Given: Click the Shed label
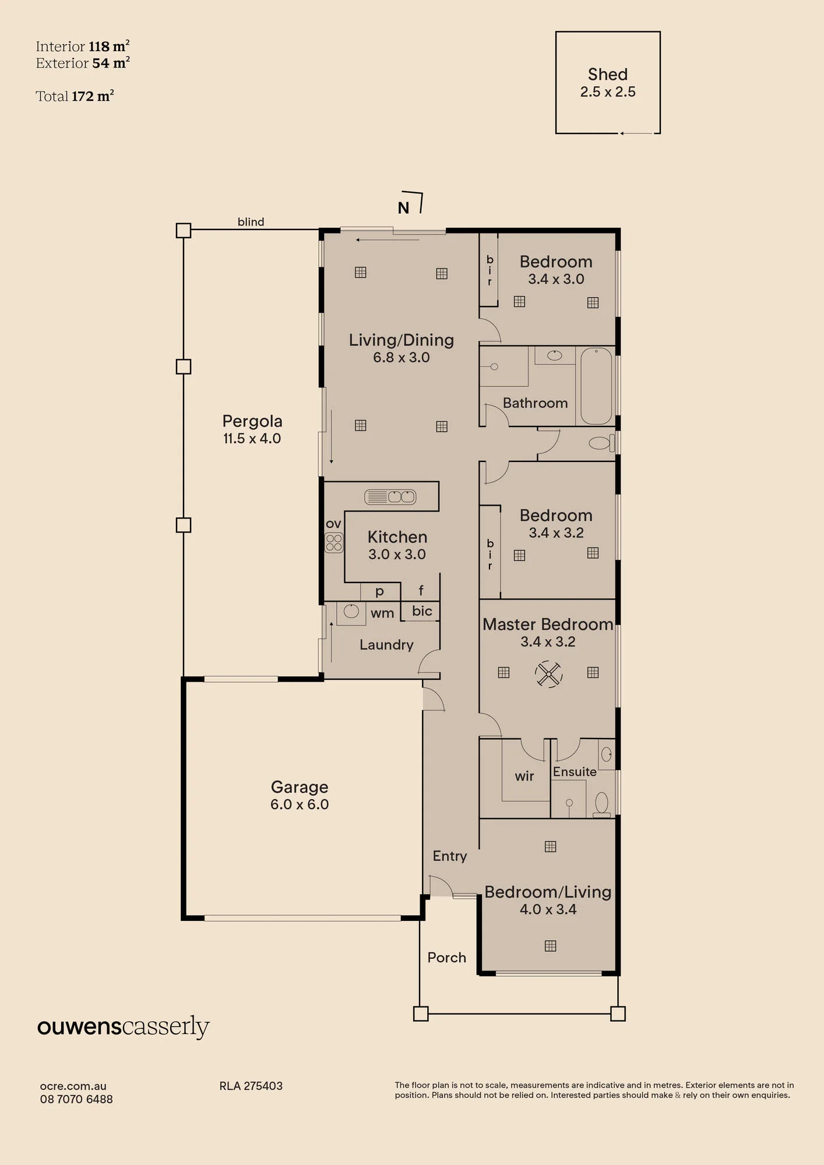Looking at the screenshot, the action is (607, 75).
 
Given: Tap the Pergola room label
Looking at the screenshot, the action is (252, 421).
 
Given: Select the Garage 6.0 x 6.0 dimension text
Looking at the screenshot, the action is (300, 804).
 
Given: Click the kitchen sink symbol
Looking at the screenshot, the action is (390, 497).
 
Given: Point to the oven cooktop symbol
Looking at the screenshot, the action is (334, 543).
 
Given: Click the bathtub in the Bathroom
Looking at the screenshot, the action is (596, 386).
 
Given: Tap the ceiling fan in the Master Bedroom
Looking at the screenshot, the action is (548, 674).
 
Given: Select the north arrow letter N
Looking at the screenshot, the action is (403, 208).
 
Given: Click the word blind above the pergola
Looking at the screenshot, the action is (251, 222).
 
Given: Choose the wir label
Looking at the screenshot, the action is (524, 776).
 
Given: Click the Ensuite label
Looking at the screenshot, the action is (575, 772).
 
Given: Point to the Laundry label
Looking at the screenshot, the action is (386, 645).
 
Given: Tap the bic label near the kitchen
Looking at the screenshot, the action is (422, 611).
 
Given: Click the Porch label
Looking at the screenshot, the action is (447, 958).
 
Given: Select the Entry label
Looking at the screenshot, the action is (450, 856).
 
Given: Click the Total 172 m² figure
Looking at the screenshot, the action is (75, 96).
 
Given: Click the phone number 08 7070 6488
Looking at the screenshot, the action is (76, 1099).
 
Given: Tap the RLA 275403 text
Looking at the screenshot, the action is (251, 1086).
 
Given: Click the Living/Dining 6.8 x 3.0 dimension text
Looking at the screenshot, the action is (402, 358).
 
